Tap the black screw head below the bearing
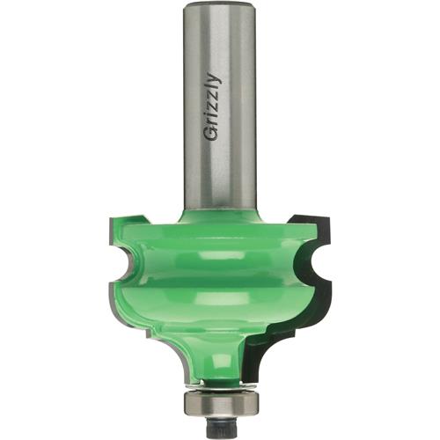coord(221,429)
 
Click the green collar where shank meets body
coord(220,214)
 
